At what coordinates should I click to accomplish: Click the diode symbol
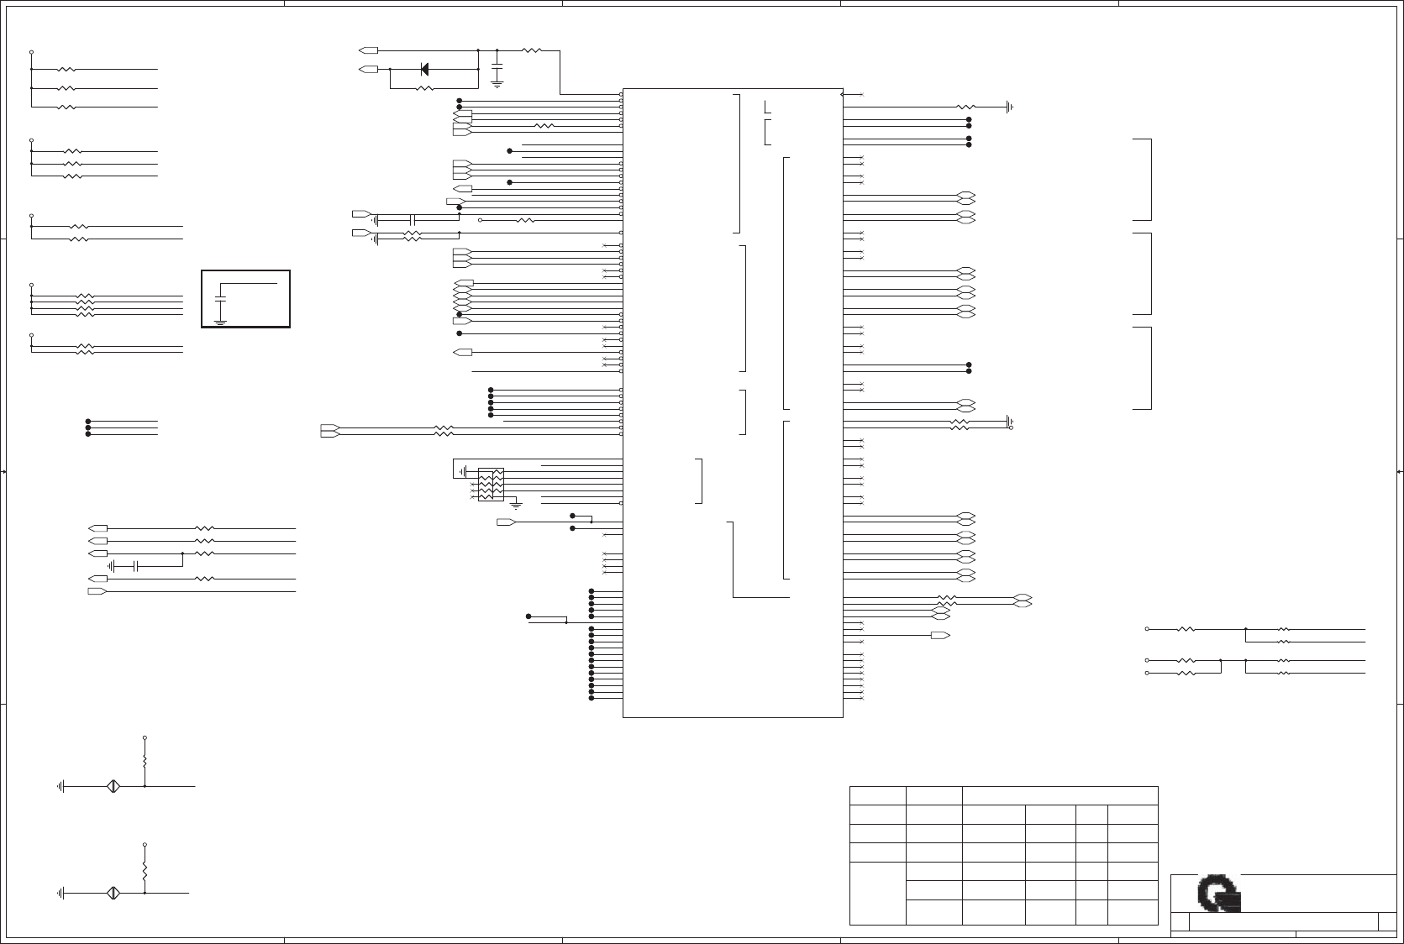(424, 69)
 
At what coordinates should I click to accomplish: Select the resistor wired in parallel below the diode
(424, 87)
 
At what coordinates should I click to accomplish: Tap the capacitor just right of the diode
(497, 66)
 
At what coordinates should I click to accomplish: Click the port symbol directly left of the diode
(368, 69)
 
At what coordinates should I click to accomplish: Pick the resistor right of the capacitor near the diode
(531, 50)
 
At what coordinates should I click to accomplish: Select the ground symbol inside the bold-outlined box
(220, 321)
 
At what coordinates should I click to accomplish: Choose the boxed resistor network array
(491, 485)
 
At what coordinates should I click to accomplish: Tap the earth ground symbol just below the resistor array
(516, 506)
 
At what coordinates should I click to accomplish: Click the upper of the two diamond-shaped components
(113, 786)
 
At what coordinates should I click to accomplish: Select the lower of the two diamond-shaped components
(113, 893)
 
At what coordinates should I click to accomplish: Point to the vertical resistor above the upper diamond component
(145, 761)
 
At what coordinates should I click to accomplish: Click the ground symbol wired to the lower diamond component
(61, 893)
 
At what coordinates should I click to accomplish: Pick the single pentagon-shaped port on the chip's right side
(940, 635)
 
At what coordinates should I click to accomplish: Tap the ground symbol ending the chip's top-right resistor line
(1009, 107)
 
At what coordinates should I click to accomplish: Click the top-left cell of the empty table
(877, 795)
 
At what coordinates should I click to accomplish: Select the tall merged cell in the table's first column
(877, 893)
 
